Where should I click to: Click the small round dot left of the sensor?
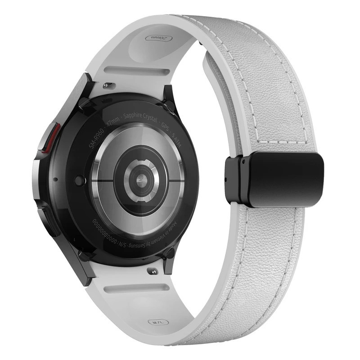(80, 181)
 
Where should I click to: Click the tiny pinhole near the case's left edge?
(55, 179)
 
